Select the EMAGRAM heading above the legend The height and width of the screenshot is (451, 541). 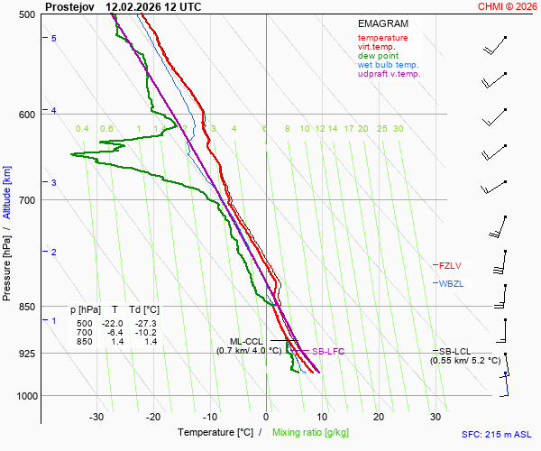coord(382,23)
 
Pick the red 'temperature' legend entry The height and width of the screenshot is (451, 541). coord(382,38)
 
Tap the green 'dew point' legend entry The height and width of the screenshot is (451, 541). coord(380,56)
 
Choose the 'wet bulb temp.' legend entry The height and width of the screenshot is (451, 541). coord(388,65)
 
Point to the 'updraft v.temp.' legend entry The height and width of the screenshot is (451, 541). coord(389,74)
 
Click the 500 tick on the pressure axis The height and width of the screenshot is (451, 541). coord(25,14)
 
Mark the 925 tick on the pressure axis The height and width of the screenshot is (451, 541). coord(25,353)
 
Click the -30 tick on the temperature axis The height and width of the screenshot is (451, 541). coord(96,417)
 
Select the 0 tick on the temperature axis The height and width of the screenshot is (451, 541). coord(266,417)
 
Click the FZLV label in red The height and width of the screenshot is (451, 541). coord(450,265)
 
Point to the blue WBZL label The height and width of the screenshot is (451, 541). coord(450,283)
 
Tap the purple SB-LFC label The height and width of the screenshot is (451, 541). coord(328,351)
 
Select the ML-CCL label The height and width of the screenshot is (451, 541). coord(245,341)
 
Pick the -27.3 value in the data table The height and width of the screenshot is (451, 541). coord(144,324)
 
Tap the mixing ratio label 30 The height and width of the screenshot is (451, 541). coord(398,129)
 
